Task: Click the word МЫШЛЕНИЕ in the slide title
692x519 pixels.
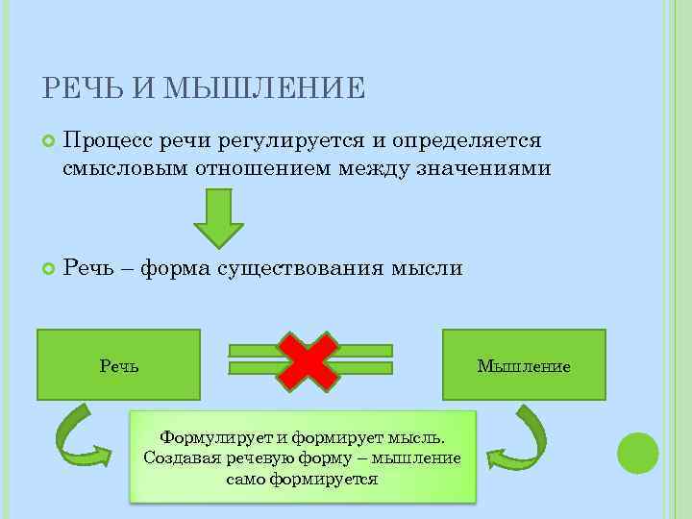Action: coord(265,89)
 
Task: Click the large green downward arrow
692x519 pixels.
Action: coord(220,218)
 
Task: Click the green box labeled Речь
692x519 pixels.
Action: coord(118,364)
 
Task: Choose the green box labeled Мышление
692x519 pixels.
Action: coord(524,364)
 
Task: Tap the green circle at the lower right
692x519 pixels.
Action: coord(637,452)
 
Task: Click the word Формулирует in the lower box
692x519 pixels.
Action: coord(210,436)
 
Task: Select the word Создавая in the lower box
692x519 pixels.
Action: coord(180,457)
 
